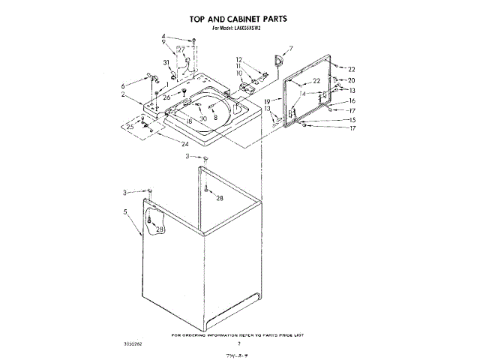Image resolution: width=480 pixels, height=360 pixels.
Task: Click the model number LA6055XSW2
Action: [x=255, y=28]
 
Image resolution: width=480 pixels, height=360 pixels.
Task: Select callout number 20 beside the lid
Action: [x=351, y=80]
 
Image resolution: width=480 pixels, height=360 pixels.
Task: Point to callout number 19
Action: [x=266, y=100]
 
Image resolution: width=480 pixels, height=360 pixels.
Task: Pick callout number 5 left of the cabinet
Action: [x=125, y=213]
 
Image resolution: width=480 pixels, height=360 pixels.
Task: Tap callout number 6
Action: [x=124, y=86]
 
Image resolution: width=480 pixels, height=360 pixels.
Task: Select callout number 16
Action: [x=351, y=100]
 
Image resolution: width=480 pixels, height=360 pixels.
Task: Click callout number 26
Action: [x=166, y=97]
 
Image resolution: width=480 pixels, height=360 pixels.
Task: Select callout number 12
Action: [x=239, y=59]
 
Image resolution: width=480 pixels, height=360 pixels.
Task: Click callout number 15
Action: [x=351, y=120]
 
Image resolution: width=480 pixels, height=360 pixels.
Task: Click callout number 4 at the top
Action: [x=163, y=37]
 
